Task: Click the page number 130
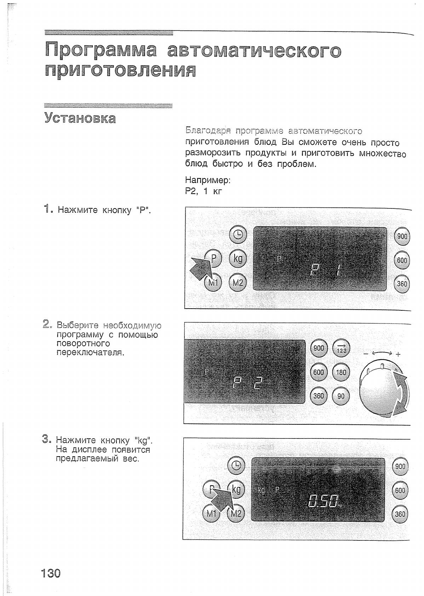click(51, 572)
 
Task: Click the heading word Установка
click(80, 118)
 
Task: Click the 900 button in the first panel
click(402, 236)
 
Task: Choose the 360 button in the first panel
click(402, 284)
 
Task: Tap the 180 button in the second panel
click(341, 372)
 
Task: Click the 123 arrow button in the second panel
click(341, 349)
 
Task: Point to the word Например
click(208, 180)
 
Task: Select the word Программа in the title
click(101, 50)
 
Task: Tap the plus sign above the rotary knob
click(398, 354)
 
